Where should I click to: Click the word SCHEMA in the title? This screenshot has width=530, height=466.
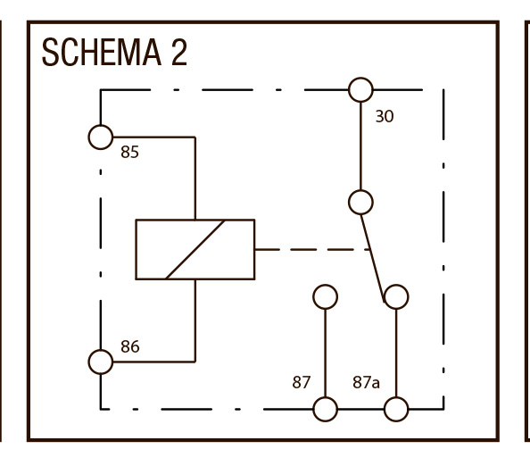(102, 53)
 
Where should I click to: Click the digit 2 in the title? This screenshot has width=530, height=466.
(179, 53)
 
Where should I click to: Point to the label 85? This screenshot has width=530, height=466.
(129, 152)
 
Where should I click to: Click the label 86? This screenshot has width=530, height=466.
(130, 346)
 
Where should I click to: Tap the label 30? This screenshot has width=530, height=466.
(385, 116)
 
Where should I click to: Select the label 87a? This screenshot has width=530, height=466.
(367, 382)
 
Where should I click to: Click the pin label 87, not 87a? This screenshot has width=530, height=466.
(302, 382)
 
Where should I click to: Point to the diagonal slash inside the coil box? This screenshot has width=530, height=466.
(195, 250)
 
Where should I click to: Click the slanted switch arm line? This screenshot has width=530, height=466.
(372, 258)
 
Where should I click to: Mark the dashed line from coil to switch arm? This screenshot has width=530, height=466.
(312, 250)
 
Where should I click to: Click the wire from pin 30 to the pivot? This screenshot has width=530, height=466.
(360, 146)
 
